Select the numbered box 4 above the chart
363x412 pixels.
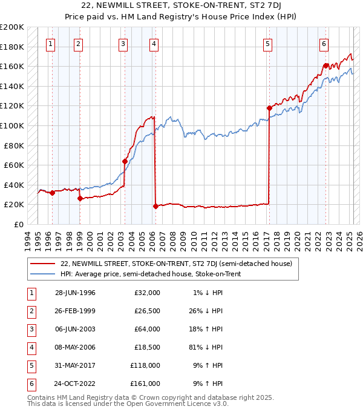[x=154, y=44]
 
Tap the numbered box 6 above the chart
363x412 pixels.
[x=324, y=44]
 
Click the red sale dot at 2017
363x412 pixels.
[x=269, y=108]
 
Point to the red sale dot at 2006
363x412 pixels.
[x=155, y=206]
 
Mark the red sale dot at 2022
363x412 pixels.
[x=325, y=65]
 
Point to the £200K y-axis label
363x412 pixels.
[x=12, y=27]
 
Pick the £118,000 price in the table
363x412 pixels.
[x=145, y=365]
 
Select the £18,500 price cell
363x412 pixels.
[x=146, y=347]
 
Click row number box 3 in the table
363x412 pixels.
[x=31, y=329]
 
